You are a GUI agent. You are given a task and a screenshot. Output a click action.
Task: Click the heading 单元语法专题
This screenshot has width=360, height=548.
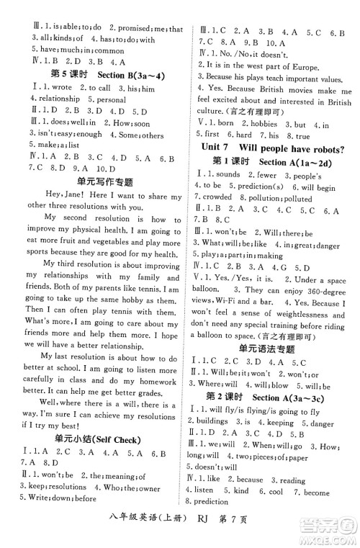271,347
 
